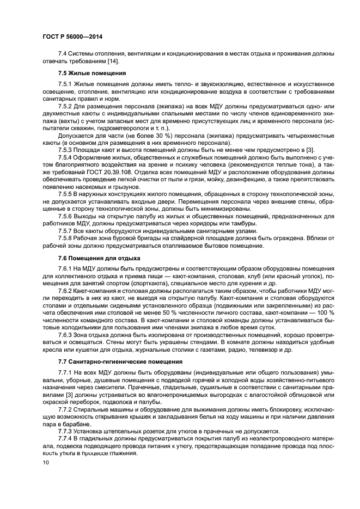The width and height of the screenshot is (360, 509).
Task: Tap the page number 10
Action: click(45, 463)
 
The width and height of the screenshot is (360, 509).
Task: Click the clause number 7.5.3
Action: click(66, 149)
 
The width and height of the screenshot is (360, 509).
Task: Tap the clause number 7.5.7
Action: click(66, 230)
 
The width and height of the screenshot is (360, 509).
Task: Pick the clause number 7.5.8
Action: click(66, 238)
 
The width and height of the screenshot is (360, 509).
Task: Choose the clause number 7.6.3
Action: click(66, 336)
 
